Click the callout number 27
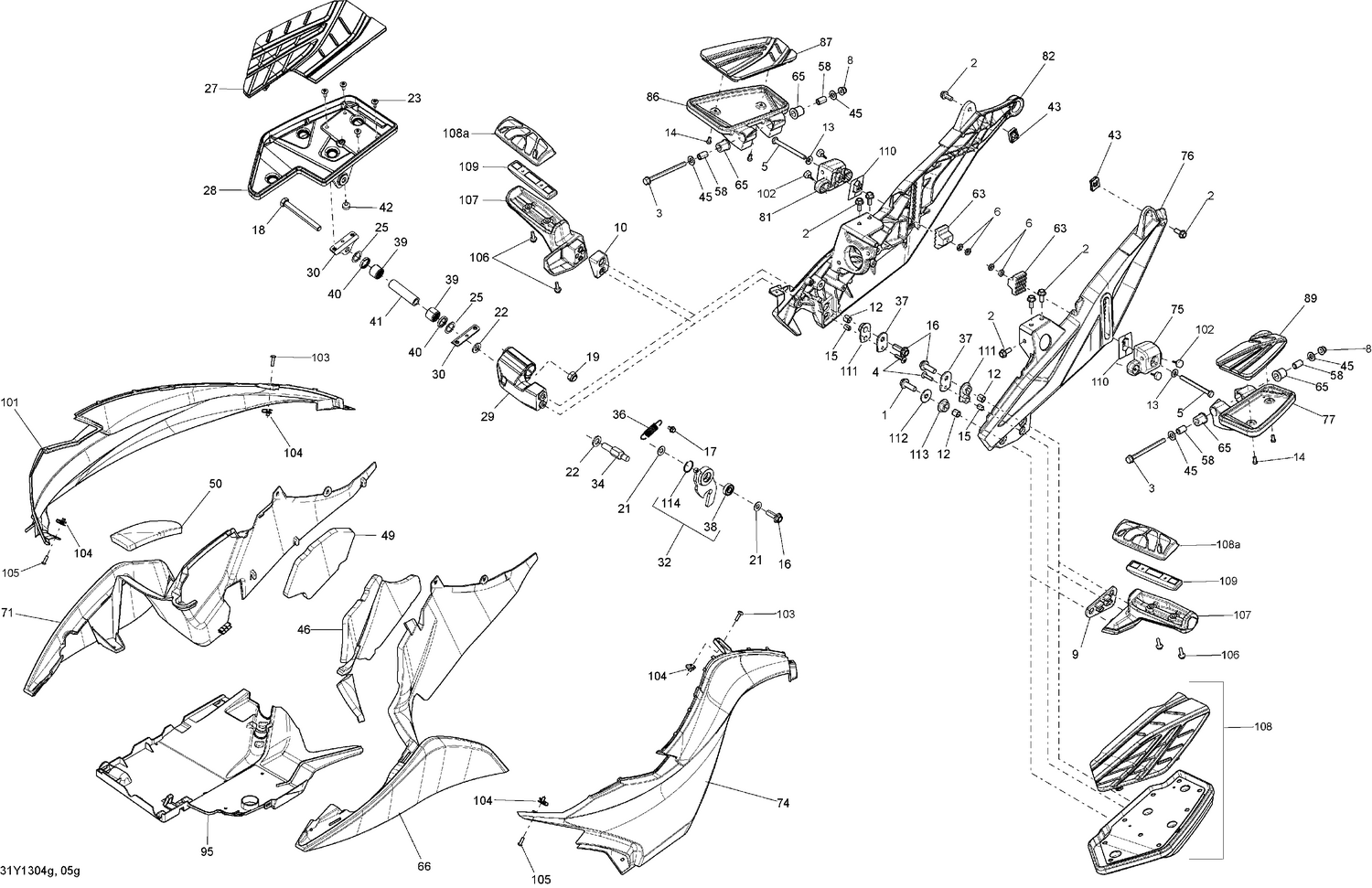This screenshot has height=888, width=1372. click(211, 90)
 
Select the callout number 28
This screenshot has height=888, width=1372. click(210, 190)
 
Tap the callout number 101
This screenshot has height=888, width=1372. click(9, 401)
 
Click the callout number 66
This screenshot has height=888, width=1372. click(424, 866)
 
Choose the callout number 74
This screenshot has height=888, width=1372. click(783, 804)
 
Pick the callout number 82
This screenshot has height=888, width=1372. click(1047, 56)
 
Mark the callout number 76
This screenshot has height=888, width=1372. click(1186, 156)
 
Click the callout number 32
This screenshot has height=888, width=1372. click(664, 562)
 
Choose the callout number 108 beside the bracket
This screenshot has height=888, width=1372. click(1262, 727)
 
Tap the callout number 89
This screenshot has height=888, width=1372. click(1310, 299)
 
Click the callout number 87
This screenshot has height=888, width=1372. click(826, 43)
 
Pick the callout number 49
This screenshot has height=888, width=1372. click(388, 536)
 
